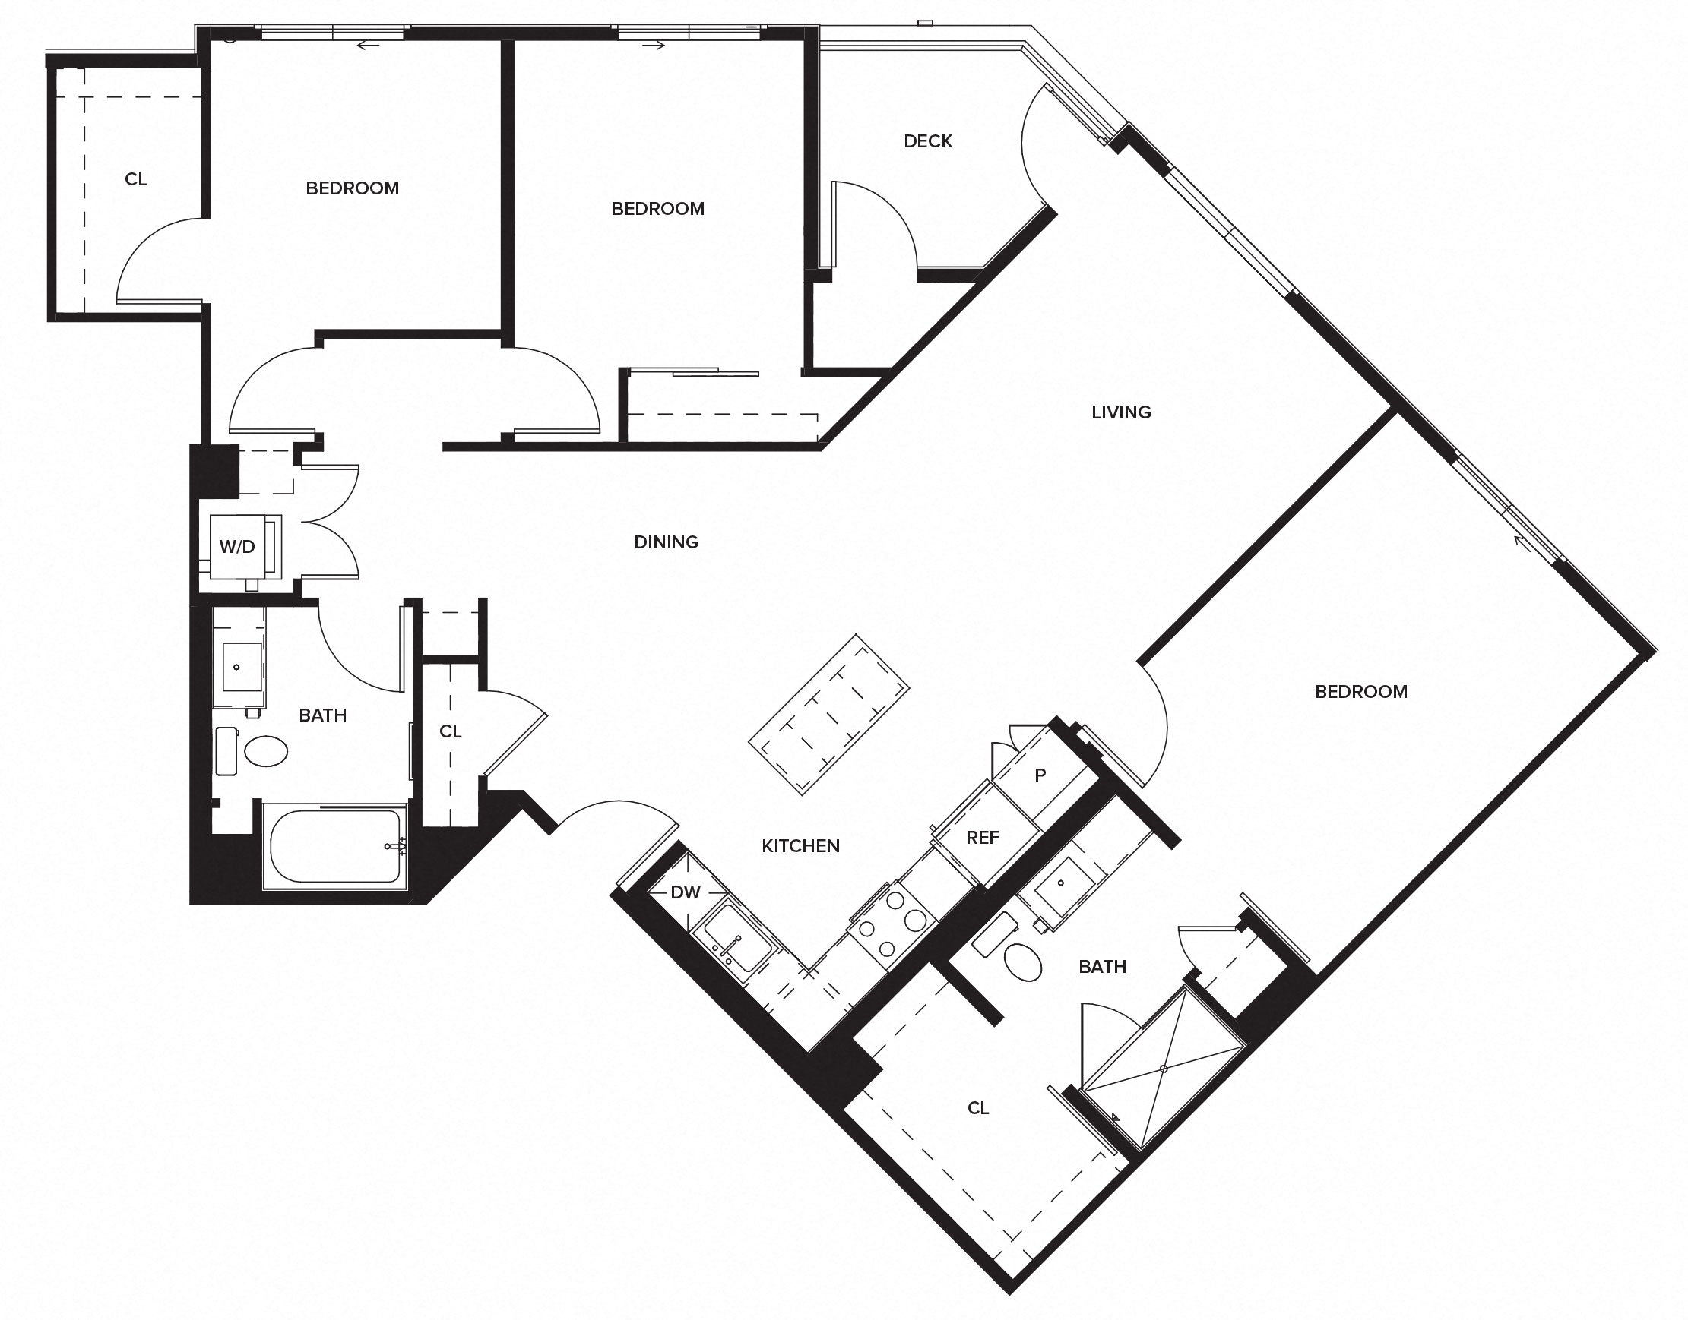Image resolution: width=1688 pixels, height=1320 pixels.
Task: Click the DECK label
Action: pyautogui.click(x=928, y=141)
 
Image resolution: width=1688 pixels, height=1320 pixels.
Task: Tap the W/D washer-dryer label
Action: pyautogui.click(x=236, y=547)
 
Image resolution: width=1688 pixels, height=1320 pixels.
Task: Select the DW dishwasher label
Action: pyautogui.click(x=685, y=892)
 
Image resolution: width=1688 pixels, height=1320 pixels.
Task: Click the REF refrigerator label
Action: pyautogui.click(x=982, y=838)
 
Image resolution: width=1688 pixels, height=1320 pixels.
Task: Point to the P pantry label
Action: pyautogui.click(x=1040, y=775)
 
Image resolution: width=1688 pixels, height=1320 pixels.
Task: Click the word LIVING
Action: pyautogui.click(x=1120, y=412)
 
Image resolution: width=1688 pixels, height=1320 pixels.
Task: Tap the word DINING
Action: pyautogui.click(x=666, y=542)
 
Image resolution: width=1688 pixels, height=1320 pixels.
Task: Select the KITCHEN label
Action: pyautogui.click(x=800, y=846)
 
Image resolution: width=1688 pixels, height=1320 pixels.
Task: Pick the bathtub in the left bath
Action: pyautogui.click(x=334, y=846)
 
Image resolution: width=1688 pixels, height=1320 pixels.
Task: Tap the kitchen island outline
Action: pyautogui.click(x=828, y=715)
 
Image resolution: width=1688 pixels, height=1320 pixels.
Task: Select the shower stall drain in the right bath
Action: pyautogui.click(x=1163, y=1069)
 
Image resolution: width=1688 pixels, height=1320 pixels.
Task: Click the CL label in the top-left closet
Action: pyautogui.click(x=136, y=179)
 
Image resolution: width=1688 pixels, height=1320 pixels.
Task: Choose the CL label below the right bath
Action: pyautogui.click(x=977, y=1108)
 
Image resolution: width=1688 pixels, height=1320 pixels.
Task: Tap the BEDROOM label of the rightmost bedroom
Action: pyautogui.click(x=1361, y=692)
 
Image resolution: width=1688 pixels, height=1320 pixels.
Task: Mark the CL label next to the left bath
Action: pyautogui.click(x=450, y=731)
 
